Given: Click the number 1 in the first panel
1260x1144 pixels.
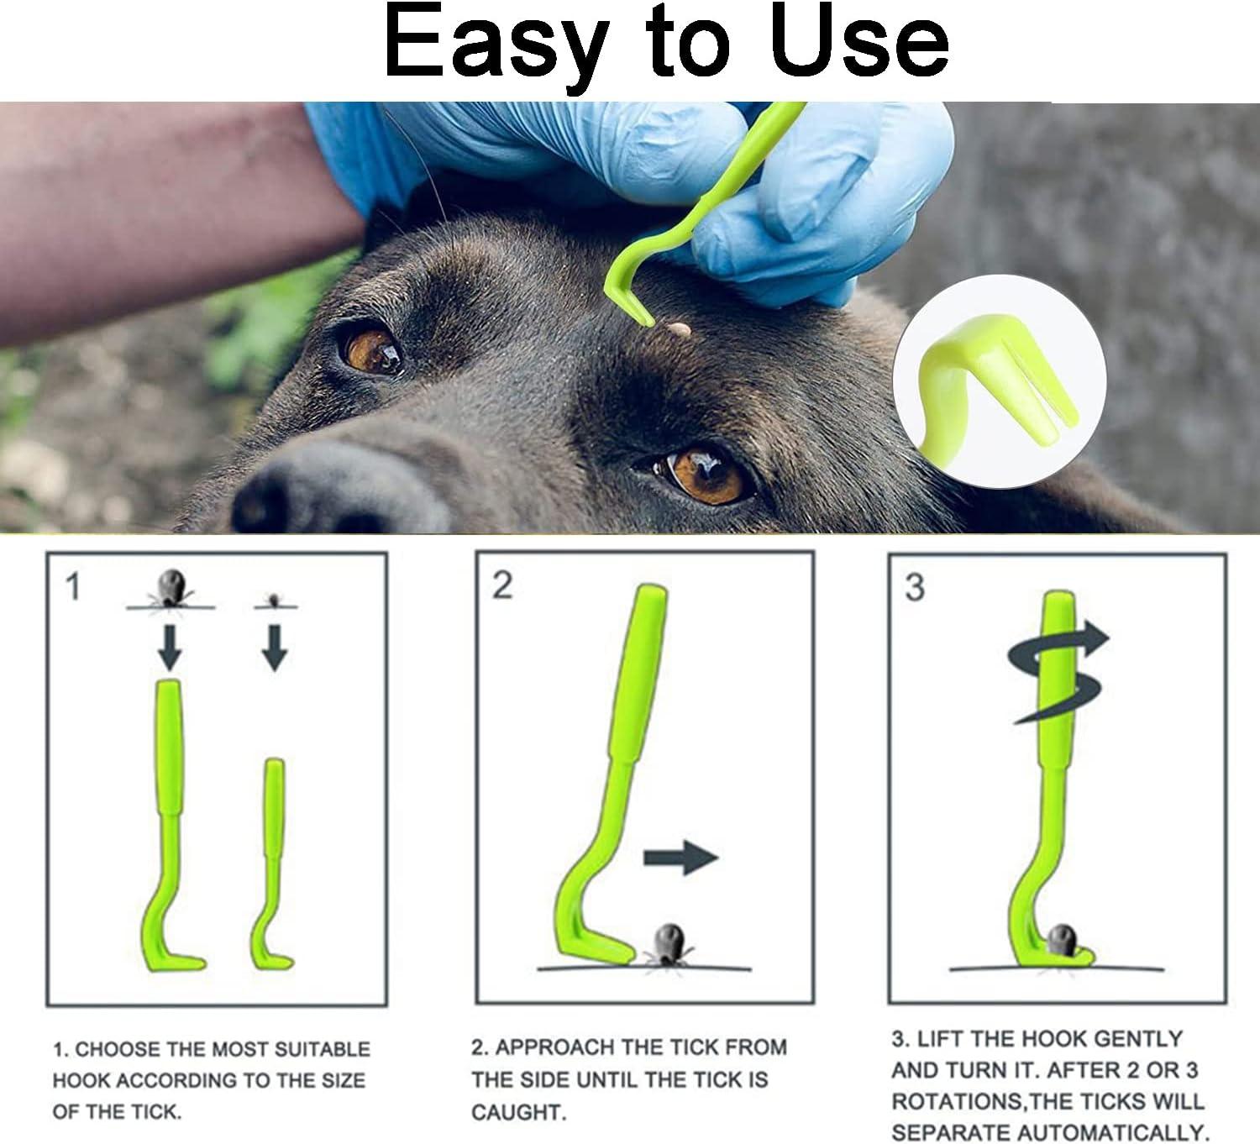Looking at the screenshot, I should tap(74, 586).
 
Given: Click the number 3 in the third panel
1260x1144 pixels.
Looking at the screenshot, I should tap(915, 587).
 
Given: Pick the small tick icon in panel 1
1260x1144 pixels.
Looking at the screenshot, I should tap(273, 600).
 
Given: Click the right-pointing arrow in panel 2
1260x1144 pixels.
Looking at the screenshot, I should tap(680, 858).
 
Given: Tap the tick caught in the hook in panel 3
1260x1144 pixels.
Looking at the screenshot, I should tap(1062, 937).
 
